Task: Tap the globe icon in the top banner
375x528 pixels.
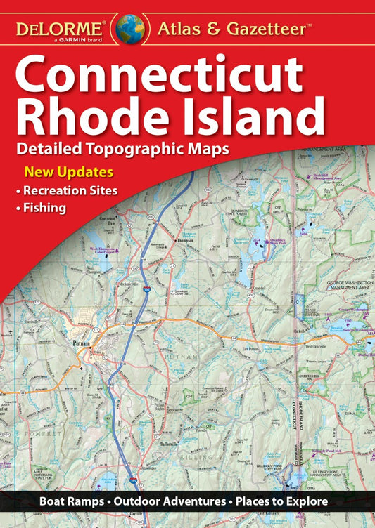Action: pos(130,27)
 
